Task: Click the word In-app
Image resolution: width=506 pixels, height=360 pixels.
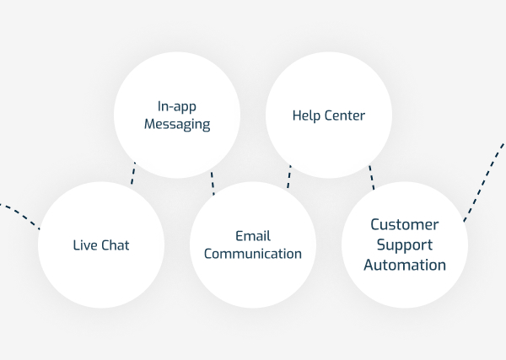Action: pos(176,107)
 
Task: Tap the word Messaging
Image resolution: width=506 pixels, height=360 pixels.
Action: pos(176,124)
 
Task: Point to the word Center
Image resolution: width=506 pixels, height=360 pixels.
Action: pos(346,116)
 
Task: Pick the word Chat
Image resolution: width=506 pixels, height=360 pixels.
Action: pos(116,245)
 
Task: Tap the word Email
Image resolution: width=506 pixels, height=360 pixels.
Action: pos(253,236)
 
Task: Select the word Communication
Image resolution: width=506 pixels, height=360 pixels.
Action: pos(253,253)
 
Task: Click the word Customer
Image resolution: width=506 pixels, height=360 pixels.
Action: pos(405,225)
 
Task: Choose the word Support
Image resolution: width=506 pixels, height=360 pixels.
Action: pos(405,244)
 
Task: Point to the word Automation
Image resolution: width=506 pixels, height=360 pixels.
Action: pos(405,264)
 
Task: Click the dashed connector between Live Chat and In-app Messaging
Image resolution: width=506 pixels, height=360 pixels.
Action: pos(132,173)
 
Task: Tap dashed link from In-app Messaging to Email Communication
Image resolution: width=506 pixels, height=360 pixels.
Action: pos(213,182)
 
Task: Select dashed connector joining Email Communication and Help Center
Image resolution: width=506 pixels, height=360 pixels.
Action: pos(288,176)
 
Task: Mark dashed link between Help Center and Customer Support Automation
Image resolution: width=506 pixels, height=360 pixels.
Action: pos(370,178)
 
